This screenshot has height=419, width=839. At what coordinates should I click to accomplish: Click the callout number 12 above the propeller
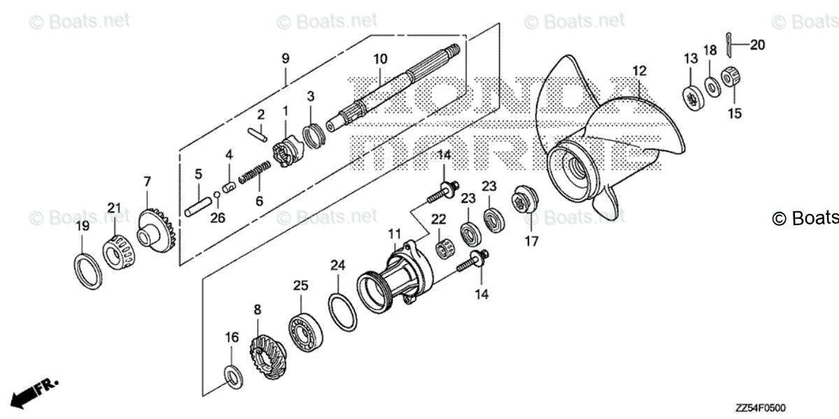tap(639, 71)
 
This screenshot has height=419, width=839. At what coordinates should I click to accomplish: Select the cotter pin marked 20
tap(729, 45)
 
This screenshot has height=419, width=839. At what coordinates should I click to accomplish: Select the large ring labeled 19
tap(85, 269)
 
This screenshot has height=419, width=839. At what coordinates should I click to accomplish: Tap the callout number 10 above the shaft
tap(380, 58)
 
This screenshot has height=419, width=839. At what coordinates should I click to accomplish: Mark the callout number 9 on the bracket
tap(285, 59)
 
